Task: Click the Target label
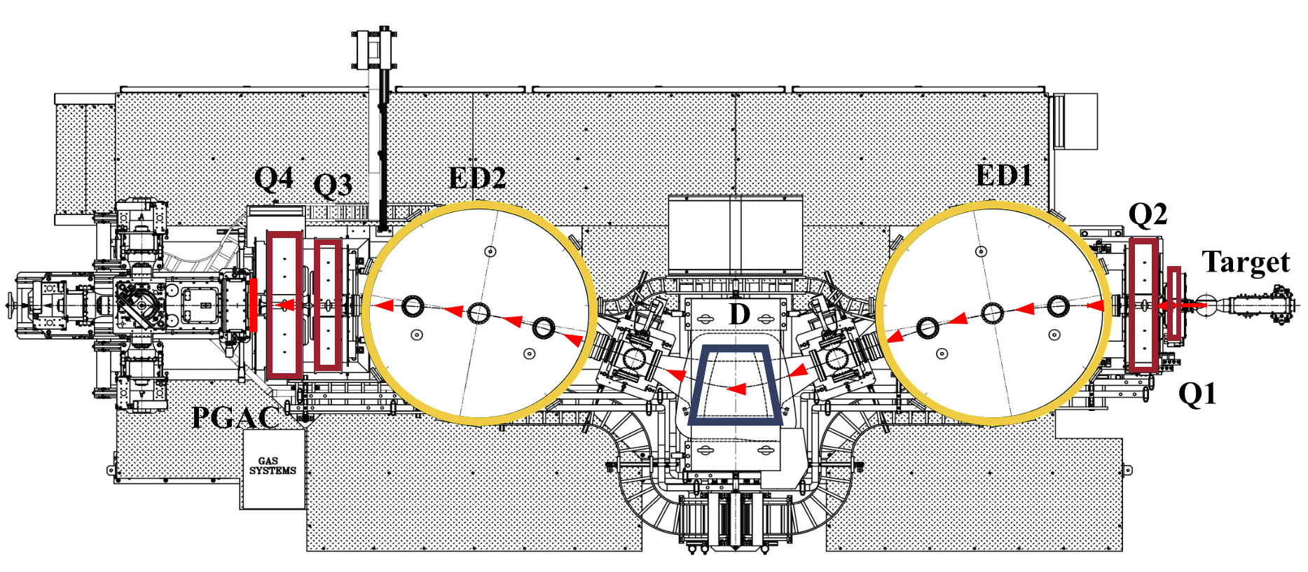click(x=1246, y=263)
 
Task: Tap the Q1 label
click(x=1197, y=394)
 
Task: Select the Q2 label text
click(x=1148, y=214)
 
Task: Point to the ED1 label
click(x=1003, y=175)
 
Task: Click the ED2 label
click(x=477, y=178)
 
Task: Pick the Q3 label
click(x=333, y=186)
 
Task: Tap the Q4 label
click(x=273, y=179)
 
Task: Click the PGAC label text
click(x=235, y=418)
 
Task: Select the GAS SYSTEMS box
click(x=273, y=468)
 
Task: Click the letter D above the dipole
click(x=739, y=315)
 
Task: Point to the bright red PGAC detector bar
click(x=254, y=305)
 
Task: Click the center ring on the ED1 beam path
click(x=992, y=313)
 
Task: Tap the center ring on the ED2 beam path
click(x=479, y=313)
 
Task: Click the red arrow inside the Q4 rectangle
click(x=284, y=305)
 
